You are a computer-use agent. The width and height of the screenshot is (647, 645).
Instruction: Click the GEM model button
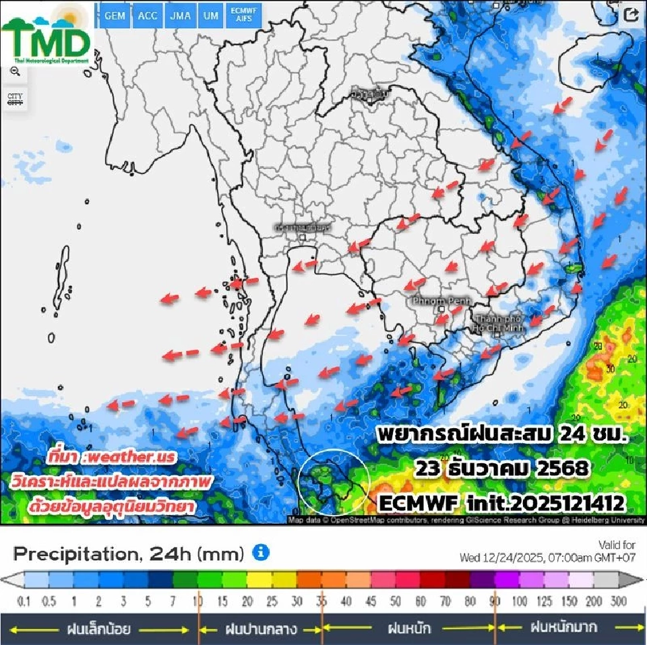[x=115, y=16]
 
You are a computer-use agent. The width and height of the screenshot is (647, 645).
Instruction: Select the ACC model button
[x=148, y=16]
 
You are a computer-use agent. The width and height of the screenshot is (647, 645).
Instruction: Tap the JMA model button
[x=180, y=16]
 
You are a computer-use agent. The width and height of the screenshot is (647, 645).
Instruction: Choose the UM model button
[x=211, y=16]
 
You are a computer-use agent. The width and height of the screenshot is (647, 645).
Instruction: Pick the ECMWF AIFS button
[x=244, y=16]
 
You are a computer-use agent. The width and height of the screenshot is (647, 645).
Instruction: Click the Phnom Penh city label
[x=433, y=300]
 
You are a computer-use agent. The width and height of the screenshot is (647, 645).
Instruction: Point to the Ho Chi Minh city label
[x=496, y=322]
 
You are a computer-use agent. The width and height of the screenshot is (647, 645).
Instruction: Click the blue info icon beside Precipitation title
[x=261, y=553]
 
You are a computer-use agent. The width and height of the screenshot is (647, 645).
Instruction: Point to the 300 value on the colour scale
[x=618, y=601]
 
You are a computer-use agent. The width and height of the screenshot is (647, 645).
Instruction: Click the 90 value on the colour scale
[x=495, y=601]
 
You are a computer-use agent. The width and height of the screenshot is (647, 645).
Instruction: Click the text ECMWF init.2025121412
[x=503, y=502]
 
